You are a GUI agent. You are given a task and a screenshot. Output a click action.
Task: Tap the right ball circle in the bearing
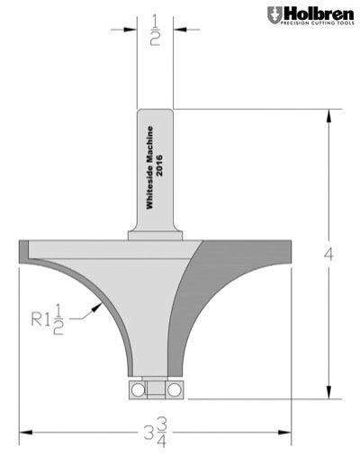pyautogui.click(x=171, y=389)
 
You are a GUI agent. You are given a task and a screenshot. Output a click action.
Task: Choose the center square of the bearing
pyautogui.click(x=154, y=389)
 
